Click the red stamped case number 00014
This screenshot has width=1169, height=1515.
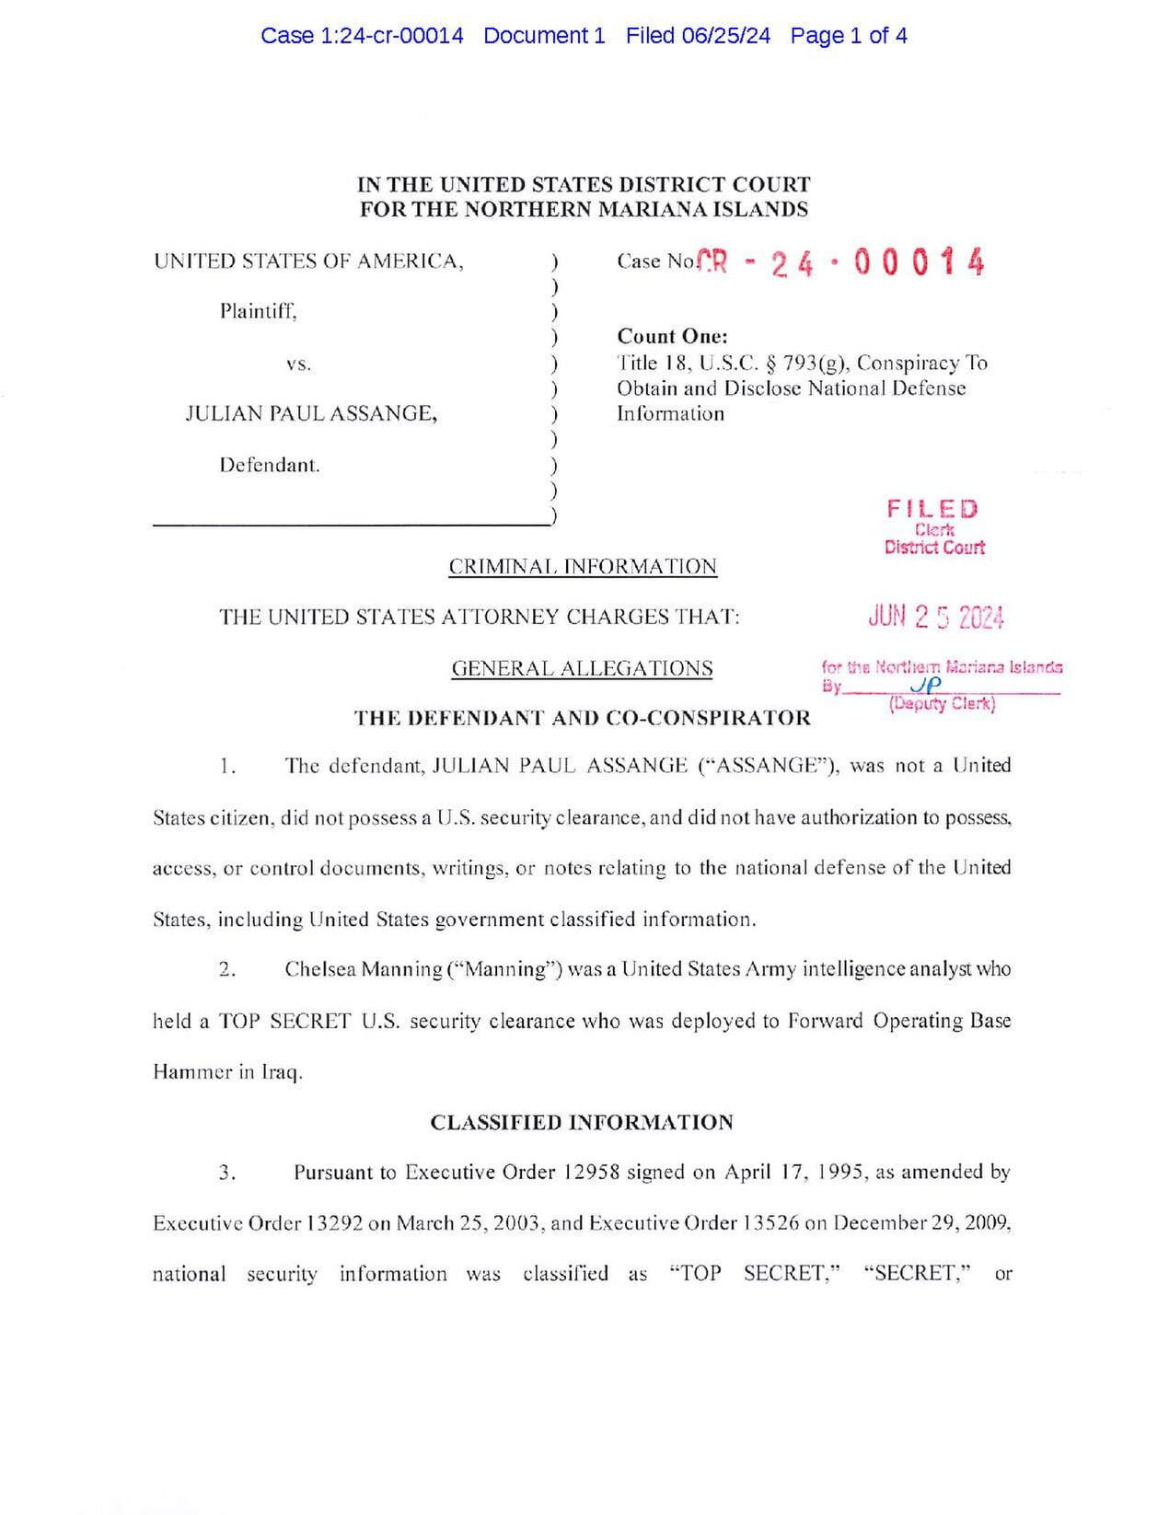919,263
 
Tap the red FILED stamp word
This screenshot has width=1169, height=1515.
932,509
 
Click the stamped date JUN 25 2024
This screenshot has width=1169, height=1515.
935,617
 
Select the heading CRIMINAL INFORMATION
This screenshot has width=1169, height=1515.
583,567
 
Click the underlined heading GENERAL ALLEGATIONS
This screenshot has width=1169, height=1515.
582,668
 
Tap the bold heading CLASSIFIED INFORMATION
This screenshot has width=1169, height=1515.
582,1122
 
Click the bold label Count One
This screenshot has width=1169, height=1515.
672,336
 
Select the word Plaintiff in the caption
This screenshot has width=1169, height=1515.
258,311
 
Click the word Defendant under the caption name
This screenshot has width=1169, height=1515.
269,465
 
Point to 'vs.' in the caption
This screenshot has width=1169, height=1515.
298,364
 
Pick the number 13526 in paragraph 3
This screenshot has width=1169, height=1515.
769,1223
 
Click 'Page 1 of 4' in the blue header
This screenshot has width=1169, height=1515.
849,36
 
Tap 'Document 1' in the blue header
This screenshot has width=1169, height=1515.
544,36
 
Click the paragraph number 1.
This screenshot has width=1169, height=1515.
227,766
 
